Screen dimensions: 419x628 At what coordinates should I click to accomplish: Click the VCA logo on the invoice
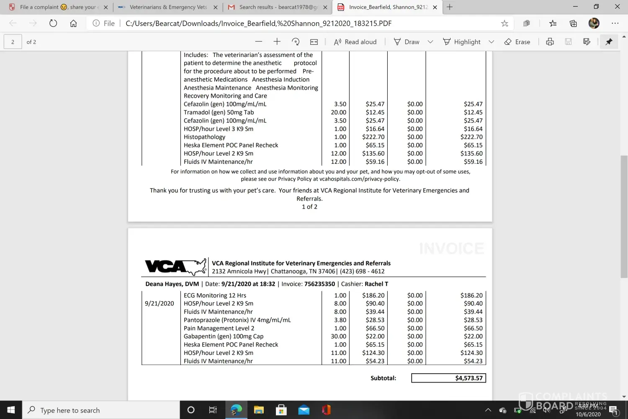coord(175,266)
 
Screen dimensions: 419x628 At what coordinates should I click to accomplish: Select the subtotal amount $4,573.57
coord(468,378)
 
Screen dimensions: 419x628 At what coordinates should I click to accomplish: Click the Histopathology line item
coord(204,137)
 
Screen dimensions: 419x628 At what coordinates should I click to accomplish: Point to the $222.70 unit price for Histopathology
coord(373,137)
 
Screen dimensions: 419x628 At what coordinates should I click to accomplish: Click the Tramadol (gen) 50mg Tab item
coord(219,112)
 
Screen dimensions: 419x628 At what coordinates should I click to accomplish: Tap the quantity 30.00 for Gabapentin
coord(338,336)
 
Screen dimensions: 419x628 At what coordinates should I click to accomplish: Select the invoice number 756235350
coord(319,284)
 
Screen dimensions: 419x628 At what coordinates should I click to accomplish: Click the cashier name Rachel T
coord(376,284)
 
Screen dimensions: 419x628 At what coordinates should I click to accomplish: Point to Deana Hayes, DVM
coord(172,284)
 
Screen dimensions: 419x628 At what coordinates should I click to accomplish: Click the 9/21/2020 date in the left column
coord(159,303)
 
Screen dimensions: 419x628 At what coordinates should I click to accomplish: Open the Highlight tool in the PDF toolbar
coord(462,42)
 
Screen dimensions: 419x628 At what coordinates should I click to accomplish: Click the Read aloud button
coord(355,42)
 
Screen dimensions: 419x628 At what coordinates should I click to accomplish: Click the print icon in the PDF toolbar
coord(550,42)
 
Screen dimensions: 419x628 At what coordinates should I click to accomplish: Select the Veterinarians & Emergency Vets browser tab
coord(167,7)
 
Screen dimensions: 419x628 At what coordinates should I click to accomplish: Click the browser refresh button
coord(53,23)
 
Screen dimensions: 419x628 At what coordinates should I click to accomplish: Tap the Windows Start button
coord(11,410)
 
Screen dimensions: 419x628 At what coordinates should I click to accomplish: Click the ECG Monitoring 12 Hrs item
coord(215,295)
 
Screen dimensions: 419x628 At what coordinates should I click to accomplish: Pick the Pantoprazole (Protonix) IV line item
coord(237,320)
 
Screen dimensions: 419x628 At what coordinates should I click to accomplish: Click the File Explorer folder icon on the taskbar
coord(259,410)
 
